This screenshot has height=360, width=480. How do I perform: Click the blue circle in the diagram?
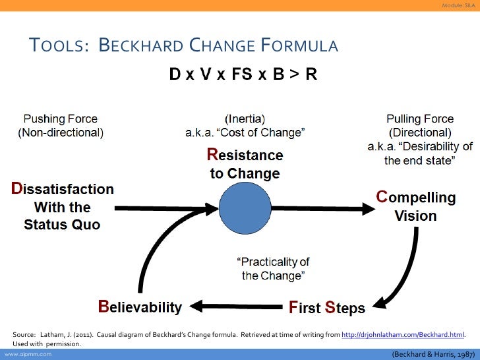tap(245, 207)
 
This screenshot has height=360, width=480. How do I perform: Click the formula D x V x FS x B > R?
tap(243, 75)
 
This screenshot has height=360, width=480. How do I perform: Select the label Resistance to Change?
tap(245, 165)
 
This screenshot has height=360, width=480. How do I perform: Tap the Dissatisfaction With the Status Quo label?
tap(62, 206)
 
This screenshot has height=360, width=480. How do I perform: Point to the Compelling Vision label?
tap(415, 206)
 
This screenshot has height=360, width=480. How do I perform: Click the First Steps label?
tap(327, 307)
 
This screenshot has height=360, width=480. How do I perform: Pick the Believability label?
tap(140, 307)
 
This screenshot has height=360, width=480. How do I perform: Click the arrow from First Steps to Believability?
tap(237, 306)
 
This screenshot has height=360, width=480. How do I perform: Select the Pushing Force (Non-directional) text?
tap(60, 126)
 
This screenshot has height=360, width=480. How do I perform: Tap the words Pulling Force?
tap(420, 119)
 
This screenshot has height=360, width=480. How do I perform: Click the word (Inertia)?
tap(245, 119)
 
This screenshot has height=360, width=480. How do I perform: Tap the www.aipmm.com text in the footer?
tap(24, 354)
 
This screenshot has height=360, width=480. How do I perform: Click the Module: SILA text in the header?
tap(458, 6)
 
